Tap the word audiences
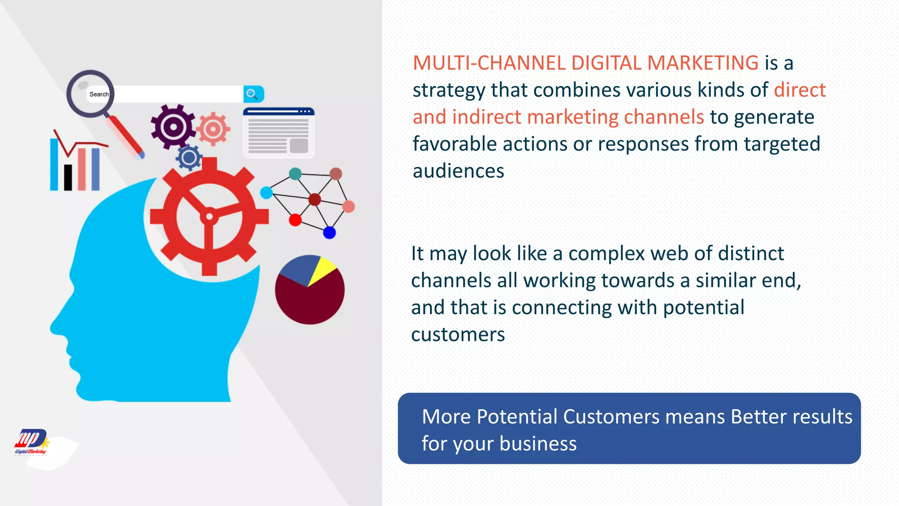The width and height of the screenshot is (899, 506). tap(458, 171)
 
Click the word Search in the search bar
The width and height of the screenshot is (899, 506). tap(99, 94)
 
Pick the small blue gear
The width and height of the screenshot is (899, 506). tap(189, 158)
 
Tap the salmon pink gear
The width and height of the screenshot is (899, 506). tap(213, 129)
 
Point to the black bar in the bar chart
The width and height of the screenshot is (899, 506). tap(68, 177)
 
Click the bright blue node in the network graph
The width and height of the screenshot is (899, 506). tap(329, 233)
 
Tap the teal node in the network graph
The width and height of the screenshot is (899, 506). tap(295, 174)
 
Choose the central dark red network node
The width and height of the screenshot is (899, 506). tap(315, 200)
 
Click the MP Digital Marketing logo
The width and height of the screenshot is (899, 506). tap(31, 442)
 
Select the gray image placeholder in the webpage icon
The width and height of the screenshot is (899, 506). tap(299, 145)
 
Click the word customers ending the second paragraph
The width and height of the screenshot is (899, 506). tap(458, 335)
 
